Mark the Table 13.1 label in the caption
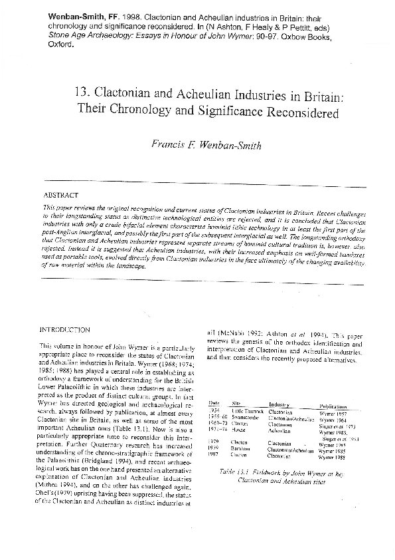pos(235,472)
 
